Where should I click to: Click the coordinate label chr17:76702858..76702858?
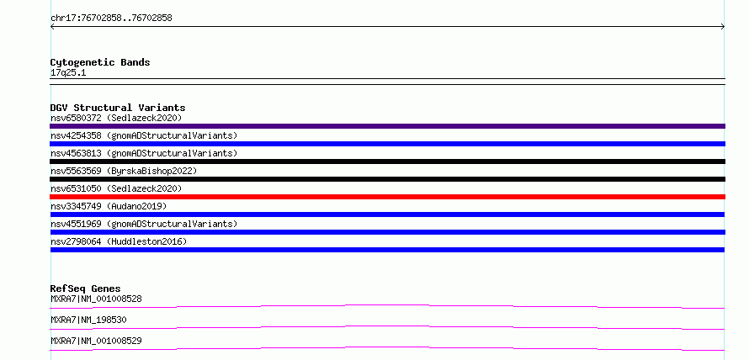pos(111,19)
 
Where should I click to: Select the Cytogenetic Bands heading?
pos(100,62)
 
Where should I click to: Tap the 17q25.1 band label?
pos(68,73)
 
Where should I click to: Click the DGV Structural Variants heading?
pos(118,108)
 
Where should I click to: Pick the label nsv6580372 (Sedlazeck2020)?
pos(116,118)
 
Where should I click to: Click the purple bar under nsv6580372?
pos(387,126)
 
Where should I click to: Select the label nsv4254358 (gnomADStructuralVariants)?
pos(144,135)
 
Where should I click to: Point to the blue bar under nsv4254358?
pos(387,144)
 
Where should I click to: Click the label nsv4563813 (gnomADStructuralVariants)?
pos(144,153)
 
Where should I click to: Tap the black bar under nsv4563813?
pos(387,161)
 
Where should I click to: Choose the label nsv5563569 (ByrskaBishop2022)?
pos(124,171)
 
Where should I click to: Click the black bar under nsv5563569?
pos(387,179)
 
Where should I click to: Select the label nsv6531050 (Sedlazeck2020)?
pos(116,188)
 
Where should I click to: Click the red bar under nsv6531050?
pos(387,197)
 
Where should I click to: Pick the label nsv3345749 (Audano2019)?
pos(109,206)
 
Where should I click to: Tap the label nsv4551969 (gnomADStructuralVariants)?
pos(144,224)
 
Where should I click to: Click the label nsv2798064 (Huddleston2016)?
pos(119,241)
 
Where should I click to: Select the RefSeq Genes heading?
pos(85,289)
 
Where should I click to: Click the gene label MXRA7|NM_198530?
pos(88,320)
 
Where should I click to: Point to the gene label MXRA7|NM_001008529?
pos(96,341)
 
